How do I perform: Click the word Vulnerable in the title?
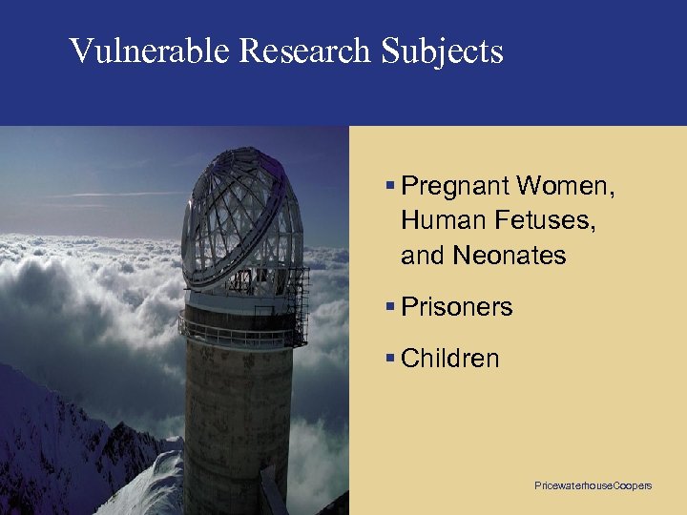[x=149, y=51]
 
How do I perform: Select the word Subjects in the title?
[x=442, y=51]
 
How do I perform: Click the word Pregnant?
[x=454, y=185]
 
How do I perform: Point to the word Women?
[x=567, y=185]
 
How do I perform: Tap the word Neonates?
[x=510, y=256]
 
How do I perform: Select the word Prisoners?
[x=457, y=307]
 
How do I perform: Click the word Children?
[x=450, y=359]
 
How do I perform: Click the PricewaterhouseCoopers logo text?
[x=593, y=486]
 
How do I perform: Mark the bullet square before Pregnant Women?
[x=391, y=185]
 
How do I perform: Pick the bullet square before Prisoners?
[x=391, y=307]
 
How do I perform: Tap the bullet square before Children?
[x=391, y=359]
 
